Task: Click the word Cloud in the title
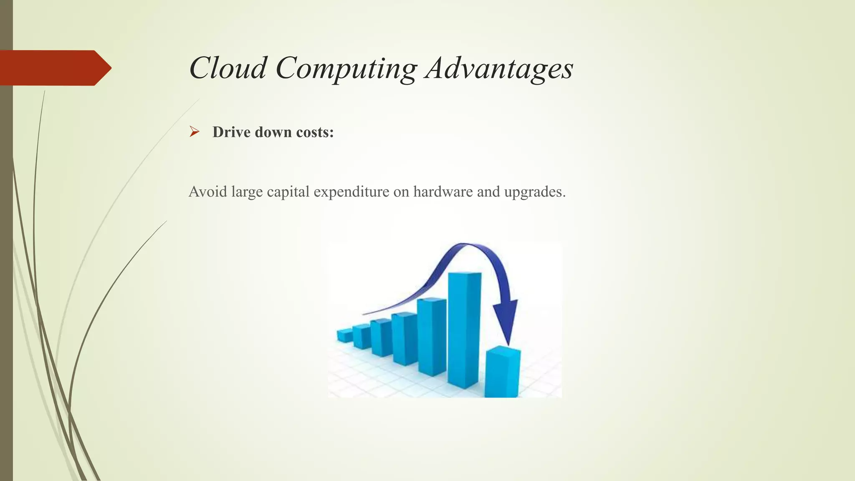coord(228,68)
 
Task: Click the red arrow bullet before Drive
coord(194,132)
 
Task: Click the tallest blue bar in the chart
coord(464,330)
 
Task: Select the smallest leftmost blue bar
coord(345,336)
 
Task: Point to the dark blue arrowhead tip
coord(508,344)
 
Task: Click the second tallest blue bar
coord(432,336)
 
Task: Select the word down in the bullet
coord(273,132)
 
